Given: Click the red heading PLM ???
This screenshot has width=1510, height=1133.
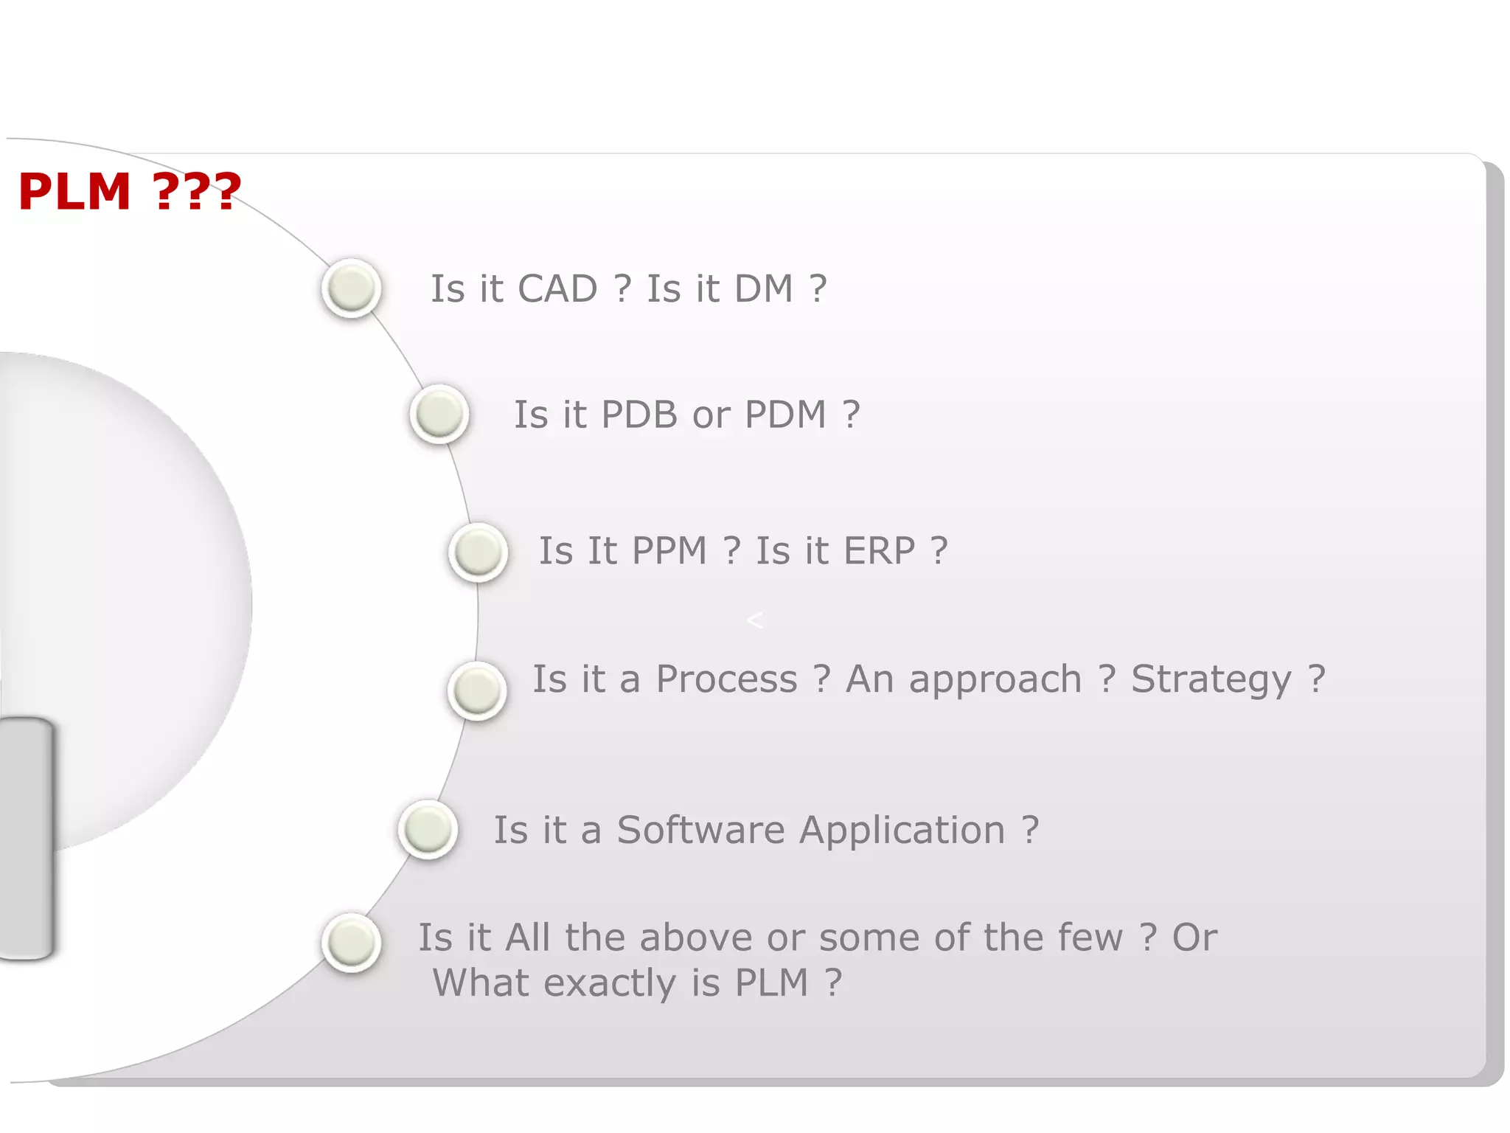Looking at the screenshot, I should pos(130,192).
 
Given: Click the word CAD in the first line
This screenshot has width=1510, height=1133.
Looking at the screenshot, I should pos(557,288).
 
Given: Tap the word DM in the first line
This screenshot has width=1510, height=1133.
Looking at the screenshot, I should pos(764,288).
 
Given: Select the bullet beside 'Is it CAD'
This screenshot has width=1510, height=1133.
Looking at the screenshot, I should pos(352,288).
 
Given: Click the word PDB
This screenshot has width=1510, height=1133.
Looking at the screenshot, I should pos(639,415).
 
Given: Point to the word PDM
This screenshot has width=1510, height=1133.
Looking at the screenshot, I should pos(785,415).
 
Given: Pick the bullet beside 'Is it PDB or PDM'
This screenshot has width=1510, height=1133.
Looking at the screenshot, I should pos(439,414).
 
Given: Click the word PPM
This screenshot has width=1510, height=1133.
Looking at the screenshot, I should pos(669,551).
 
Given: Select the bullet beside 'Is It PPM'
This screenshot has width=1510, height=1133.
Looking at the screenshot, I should pos(478,552).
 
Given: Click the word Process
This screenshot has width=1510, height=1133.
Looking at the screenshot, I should pos(726,679).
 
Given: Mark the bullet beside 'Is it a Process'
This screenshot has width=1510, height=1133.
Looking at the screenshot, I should pos(477,691).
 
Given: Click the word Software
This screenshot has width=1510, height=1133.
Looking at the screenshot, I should pos(700,831).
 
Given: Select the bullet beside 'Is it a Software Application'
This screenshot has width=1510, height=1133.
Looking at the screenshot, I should pos(428,829).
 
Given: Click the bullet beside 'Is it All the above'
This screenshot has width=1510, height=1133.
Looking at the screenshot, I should pos(352,943).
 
